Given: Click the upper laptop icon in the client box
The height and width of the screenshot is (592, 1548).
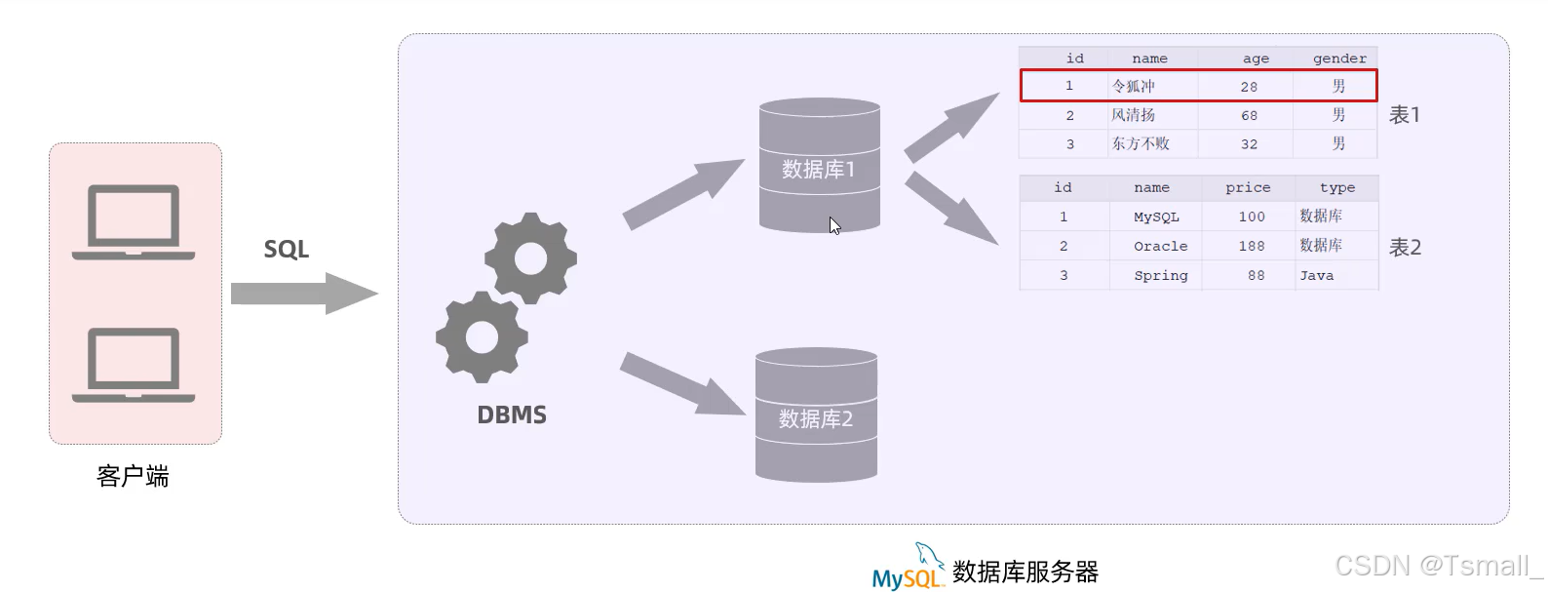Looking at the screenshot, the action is point(134,221).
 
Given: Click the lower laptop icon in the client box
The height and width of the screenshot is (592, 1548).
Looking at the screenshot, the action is point(134,365).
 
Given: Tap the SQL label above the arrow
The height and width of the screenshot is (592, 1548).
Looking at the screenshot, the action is point(286,250).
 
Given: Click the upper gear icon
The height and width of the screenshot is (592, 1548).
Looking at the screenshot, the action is point(530,258).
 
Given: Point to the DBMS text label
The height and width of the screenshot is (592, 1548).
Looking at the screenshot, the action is point(511,415).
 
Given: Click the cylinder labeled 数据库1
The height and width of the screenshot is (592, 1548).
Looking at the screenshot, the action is point(819,166).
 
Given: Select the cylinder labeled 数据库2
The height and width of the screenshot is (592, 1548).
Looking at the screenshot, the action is point(816,415).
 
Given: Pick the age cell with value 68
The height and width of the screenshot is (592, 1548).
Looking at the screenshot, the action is point(1249,115).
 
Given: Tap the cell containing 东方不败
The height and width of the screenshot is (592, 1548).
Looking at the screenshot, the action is point(1141,143).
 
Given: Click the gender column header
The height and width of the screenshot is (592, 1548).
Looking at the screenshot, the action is point(1338,59).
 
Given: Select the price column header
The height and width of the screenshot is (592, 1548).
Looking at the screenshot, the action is point(1248,187).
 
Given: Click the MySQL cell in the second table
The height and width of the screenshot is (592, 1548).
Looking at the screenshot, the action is point(1156,217).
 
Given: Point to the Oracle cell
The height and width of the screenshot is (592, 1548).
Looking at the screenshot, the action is point(1160,246).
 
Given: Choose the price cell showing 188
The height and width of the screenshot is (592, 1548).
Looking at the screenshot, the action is point(1252,246).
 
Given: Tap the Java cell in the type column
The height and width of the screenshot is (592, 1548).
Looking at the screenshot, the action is point(1316,275).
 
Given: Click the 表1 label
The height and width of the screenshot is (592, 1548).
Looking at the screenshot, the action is point(1404,115).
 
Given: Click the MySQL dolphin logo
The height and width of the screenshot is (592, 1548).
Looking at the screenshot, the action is point(908,568).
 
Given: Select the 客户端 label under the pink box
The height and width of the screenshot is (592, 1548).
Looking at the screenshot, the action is point(133,476).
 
